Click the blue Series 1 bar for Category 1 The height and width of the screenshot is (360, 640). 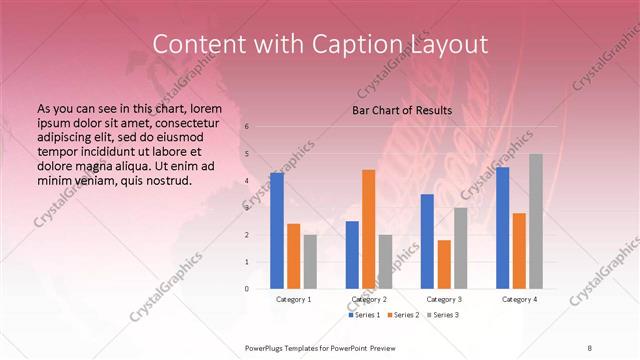277,230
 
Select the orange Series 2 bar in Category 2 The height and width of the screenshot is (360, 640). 368,229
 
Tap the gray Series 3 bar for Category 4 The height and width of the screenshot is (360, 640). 536,221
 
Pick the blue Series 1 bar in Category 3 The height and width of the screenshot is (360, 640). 427,241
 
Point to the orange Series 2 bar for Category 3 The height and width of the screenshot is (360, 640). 444,264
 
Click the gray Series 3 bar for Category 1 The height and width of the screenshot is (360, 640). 310,261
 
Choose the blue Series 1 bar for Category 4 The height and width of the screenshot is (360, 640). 502,227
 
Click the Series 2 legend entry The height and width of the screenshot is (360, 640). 404,315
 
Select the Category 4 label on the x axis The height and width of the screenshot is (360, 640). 519,299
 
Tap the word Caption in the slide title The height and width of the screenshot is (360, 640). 376,45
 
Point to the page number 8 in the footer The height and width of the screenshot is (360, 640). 589,346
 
